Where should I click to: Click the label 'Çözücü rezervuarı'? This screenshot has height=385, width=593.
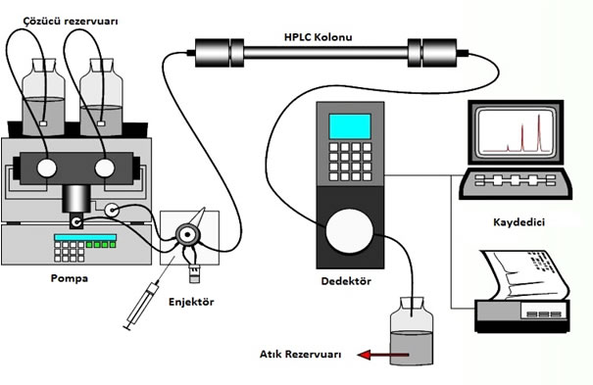pos(71,21)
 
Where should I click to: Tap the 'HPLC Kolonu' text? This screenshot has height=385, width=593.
pos(318,37)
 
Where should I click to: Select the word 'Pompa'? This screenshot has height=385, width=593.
pos(70,278)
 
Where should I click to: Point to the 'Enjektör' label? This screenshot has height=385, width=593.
pos(191,302)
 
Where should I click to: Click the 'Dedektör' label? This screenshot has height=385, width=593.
pos(346,281)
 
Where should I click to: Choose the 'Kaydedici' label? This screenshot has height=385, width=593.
pos(519,221)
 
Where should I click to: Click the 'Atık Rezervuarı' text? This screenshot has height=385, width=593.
pos(300,355)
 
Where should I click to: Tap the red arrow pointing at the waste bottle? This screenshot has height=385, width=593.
pos(383,355)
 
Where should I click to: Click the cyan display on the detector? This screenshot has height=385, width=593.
pos(350,126)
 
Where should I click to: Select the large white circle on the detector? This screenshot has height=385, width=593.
pos(350,231)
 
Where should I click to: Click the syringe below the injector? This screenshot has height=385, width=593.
pos(141,307)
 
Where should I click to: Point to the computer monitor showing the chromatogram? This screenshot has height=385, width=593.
pos(516,132)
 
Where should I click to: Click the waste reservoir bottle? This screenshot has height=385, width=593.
pos(412,331)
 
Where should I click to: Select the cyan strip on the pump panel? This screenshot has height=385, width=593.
pos(85,237)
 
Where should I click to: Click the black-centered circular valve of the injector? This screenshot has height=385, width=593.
pos(187,235)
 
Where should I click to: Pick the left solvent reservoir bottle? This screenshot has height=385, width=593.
pos(43,97)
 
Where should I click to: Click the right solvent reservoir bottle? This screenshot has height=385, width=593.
pos(101,97)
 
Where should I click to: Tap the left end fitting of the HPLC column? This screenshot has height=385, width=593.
pos(219,53)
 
